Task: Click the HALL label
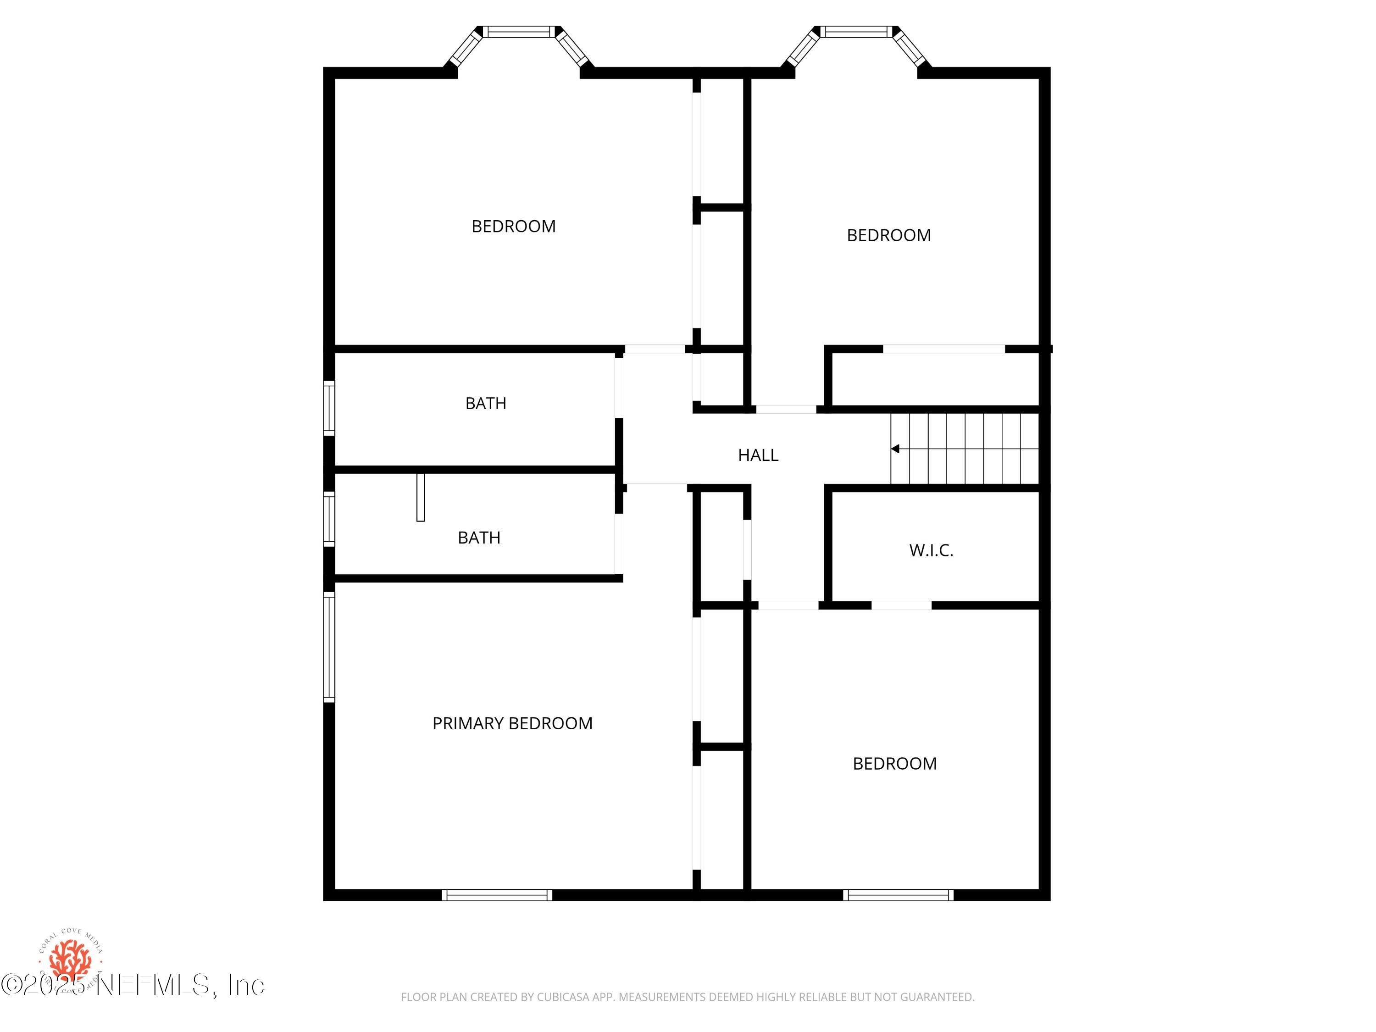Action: click(758, 455)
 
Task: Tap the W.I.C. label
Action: click(931, 550)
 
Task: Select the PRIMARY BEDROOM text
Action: click(512, 723)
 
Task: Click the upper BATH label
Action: click(486, 404)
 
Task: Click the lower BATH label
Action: click(479, 538)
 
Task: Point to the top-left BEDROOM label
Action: click(513, 227)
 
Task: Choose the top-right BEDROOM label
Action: click(888, 236)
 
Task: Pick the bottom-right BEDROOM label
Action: click(894, 764)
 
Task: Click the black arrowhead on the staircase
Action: click(895, 449)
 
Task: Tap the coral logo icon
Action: click(70, 959)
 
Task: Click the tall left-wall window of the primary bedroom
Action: click(329, 647)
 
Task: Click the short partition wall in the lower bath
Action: click(421, 497)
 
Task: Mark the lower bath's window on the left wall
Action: click(329, 519)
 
